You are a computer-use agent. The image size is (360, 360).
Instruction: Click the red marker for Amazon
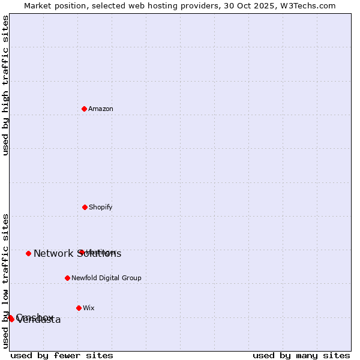[x=84, y=109]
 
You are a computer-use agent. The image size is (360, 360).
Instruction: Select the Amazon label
[x=101, y=109]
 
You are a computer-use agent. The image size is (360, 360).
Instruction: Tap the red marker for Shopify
[x=85, y=207]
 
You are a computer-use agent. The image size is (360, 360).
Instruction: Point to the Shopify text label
[x=101, y=208]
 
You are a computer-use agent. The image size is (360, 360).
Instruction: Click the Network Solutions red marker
[x=28, y=253]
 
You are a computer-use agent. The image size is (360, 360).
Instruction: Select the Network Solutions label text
[x=77, y=254]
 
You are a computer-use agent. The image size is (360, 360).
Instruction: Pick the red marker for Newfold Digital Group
[x=67, y=278]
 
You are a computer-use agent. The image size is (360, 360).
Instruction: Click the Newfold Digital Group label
[x=106, y=278]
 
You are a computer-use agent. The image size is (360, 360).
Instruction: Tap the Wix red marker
[x=79, y=308]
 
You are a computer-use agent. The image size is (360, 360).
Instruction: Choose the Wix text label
[x=89, y=308]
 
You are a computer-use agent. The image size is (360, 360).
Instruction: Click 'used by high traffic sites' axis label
[x=6, y=85]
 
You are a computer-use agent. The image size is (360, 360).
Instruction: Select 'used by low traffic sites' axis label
[x=6, y=281]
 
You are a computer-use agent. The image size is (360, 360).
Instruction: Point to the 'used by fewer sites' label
[x=62, y=355]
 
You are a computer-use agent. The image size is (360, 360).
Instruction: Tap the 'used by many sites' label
[x=301, y=355]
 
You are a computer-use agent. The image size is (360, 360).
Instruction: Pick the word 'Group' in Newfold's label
[x=131, y=278]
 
